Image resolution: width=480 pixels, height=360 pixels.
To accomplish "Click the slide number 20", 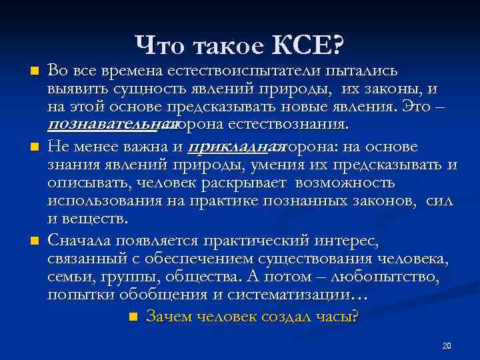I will [x=447, y=345].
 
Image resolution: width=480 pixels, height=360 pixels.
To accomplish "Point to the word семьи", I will [x=67, y=276].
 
